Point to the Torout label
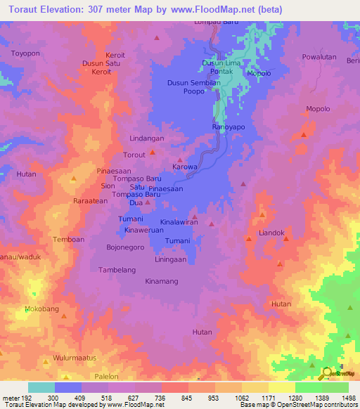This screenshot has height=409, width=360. pos(134,155)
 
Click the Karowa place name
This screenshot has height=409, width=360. pos(184,167)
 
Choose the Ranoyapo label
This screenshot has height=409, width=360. pos(228,126)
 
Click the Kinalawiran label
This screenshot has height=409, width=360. pos(179,222)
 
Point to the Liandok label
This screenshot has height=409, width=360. pos(271,233)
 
